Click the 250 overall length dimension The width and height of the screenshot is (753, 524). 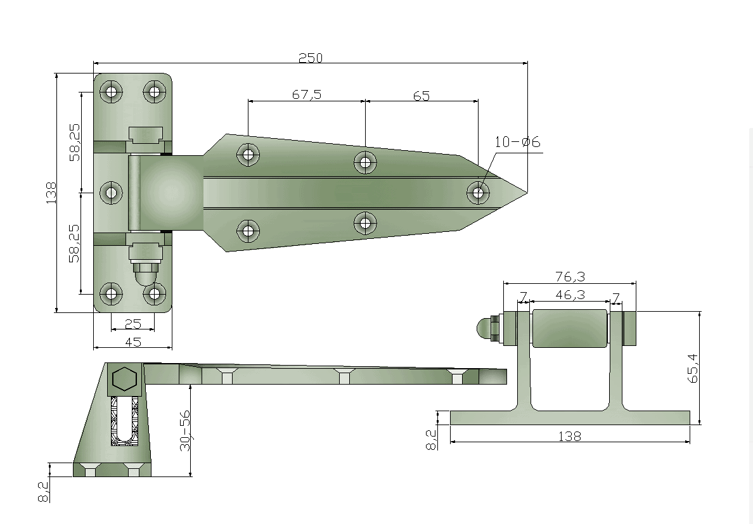click(x=311, y=58)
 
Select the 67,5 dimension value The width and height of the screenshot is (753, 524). click(x=307, y=94)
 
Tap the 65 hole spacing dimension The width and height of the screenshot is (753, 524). click(x=421, y=96)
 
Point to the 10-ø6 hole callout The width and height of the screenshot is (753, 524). click(x=517, y=142)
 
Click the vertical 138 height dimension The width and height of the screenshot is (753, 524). click(x=51, y=193)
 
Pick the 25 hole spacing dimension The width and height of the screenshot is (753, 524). click(x=132, y=324)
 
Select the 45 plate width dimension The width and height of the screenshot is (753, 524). click(x=133, y=342)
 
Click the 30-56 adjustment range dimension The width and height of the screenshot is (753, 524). click(x=185, y=430)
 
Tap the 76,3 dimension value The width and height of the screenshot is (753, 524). click(x=570, y=276)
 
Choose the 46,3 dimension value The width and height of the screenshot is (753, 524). click(x=570, y=294)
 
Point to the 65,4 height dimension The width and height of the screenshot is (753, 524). click(x=693, y=369)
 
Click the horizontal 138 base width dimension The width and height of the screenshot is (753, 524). click(x=570, y=436)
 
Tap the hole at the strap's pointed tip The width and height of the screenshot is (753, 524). click(x=478, y=193)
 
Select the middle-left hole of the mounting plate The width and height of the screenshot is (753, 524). click(x=111, y=193)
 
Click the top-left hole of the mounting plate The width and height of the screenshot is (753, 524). click(x=111, y=91)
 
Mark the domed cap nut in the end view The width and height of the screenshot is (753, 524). click(x=485, y=329)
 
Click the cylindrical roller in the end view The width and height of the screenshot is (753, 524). click(x=570, y=328)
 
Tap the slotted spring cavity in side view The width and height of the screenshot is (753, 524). click(x=125, y=421)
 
